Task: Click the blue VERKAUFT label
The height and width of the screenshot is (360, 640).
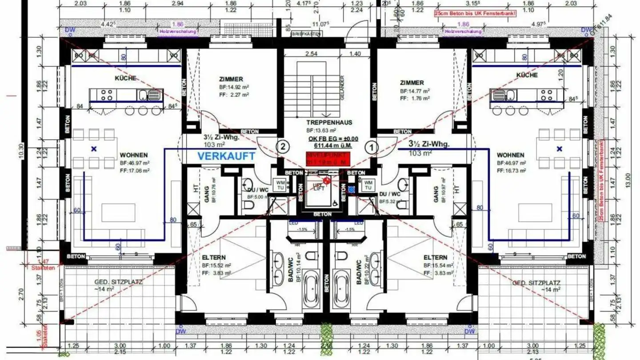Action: click(226, 156)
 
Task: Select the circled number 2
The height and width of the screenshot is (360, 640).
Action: click(283, 146)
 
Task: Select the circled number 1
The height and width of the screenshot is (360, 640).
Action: click(371, 146)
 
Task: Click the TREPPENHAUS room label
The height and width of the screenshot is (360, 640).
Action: click(329, 122)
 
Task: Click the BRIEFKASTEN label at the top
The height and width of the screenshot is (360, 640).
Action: click(307, 34)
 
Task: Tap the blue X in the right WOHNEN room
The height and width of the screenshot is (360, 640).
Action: click(560, 149)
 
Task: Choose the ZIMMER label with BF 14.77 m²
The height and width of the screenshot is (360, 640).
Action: click(412, 83)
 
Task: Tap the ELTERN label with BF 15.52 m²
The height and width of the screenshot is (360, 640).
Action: click(214, 257)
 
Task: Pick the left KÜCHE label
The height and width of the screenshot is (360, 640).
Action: click(125, 78)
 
